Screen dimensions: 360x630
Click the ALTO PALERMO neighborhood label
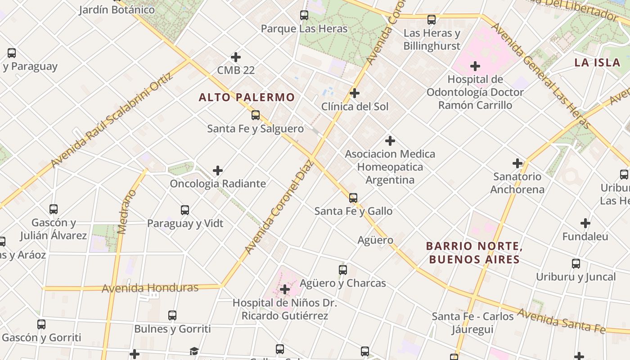247,97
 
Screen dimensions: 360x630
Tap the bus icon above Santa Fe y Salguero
256,115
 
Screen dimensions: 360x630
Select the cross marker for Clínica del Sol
355,93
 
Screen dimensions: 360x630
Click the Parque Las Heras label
304,29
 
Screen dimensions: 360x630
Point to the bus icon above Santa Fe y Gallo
353,198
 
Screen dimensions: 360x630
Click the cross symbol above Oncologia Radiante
218,171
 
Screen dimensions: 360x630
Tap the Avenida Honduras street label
150,288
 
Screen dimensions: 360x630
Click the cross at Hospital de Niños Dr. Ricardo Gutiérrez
284,289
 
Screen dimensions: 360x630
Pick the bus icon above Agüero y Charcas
343,270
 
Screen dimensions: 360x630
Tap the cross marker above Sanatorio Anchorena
517,163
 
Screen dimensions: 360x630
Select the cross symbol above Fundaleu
585,223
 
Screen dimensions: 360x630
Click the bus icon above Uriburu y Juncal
576,264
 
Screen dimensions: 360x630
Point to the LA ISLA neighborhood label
597,63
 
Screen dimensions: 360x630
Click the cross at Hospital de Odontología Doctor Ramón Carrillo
475,67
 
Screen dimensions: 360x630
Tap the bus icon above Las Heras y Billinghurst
432,20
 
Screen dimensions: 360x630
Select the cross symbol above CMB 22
236,57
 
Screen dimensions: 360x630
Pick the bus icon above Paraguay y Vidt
185,210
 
